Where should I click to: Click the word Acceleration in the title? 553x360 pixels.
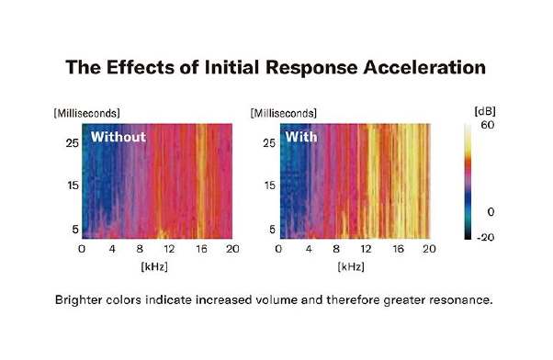pyautogui.click(x=424, y=67)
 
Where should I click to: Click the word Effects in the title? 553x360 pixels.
pyautogui.click(x=141, y=67)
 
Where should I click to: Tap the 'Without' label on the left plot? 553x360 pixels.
pyautogui.click(x=118, y=137)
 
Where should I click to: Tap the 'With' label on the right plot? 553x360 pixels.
pyautogui.click(x=301, y=137)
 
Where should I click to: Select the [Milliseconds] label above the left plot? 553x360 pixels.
pyautogui.click(x=86, y=113)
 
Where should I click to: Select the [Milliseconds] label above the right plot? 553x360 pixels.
pyautogui.click(x=284, y=113)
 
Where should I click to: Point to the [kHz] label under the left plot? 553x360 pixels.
pyautogui.click(x=154, y=266)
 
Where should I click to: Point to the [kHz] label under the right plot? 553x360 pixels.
pyautogui.click(x=351, y=266)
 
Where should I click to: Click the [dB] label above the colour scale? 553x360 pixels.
pyautogui.click(x=485, y=111)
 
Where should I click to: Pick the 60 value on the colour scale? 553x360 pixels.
pyautogui.click(x=488, y=125)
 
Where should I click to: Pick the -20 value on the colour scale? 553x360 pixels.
pyautogui.click(x=485, y=237)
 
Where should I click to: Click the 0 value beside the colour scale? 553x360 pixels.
pyautogui.click(x=491, y=212)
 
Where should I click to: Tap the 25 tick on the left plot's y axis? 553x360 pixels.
pyautogui.click(x=73, y=143)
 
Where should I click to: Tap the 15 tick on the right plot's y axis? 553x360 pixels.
pyautogui.click(x=269, y=186)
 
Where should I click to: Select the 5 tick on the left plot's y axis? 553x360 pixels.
pyautogui.click(x=75, y=230)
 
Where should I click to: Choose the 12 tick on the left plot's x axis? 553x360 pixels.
pyautogui.click(x=169, y=249)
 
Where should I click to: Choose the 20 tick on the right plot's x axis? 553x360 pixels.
pyautogui.click(x=429, y=249)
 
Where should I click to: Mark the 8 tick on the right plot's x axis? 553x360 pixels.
pyautogui.click(x=336, y=249)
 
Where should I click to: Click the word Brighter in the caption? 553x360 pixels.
pyautogui.click(x=78, y=300)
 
